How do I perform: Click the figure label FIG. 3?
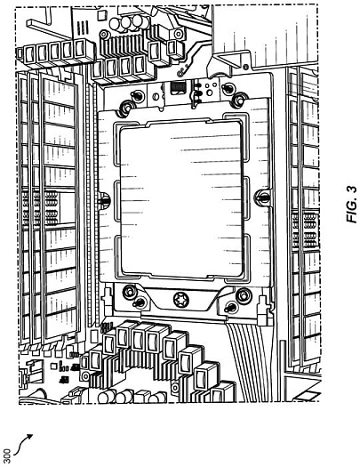point(352,205)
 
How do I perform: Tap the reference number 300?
point(7,455)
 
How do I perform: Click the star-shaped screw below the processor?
point(181,299)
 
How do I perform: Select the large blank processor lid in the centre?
point(181,198)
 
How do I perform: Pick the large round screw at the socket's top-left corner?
point(125,108)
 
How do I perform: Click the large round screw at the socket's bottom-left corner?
point(130,292)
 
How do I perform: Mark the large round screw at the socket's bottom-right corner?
point(244,295)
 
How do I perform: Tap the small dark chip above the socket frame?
point(178,88)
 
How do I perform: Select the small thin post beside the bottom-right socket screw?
point(230,308)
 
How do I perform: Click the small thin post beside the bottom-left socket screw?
point(139,303)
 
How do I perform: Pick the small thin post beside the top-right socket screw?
point(227,88)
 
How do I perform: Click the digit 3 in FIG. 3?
point(352,189)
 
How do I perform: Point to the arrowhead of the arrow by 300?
point(29,437)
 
